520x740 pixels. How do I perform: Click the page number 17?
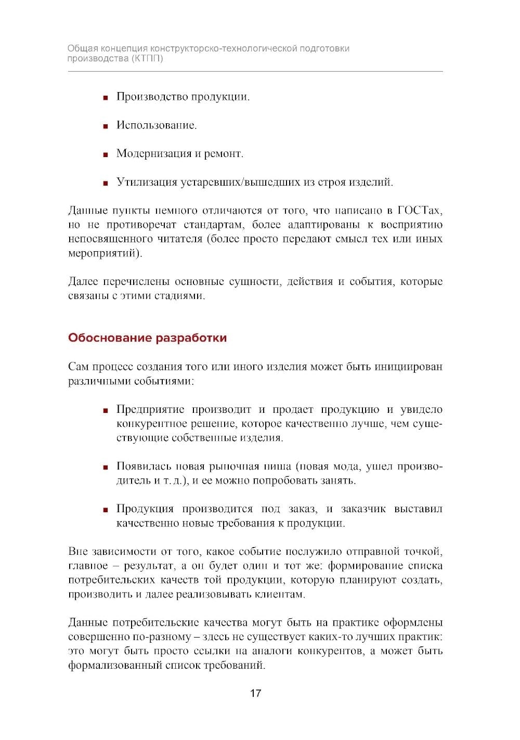(255, 693)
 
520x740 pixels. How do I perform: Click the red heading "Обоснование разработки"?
(147, 338)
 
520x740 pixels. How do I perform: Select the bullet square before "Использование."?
(105, 126)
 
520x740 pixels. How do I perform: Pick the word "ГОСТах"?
(420, 211)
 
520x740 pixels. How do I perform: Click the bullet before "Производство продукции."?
(105, 98)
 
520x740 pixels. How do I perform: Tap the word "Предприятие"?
(150, 410)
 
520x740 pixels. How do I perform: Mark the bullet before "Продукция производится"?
(105, 510)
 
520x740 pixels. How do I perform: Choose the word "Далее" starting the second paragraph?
(83, 282)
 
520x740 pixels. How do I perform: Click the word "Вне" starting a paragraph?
(77, 551)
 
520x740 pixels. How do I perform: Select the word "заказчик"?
(361, 509)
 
